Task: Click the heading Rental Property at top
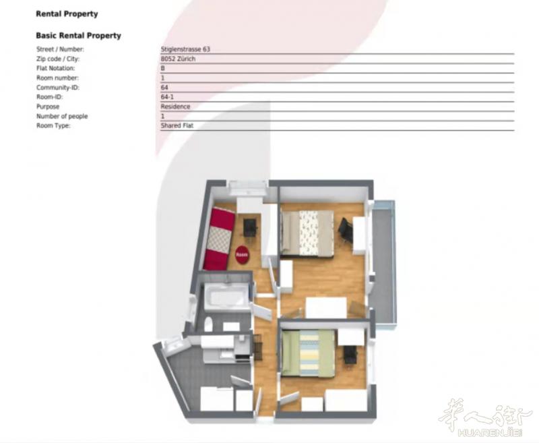(67, 14)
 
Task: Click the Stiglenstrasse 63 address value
(185, 49)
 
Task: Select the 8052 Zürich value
(178, 59)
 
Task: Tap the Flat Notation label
(55, 69)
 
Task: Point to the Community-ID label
(58, 88)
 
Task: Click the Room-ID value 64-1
(167, 97)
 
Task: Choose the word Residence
(175, 107)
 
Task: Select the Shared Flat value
(177, 125)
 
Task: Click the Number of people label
(62, 116)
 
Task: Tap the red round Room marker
(242, 255)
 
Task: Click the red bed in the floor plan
(219, 238)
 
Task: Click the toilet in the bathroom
(208, 324)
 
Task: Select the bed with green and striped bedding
(308, 353)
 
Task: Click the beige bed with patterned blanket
(307, 233)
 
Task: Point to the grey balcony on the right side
(384, 262)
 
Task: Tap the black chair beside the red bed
(250, 227)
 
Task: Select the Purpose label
(48, 107)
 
